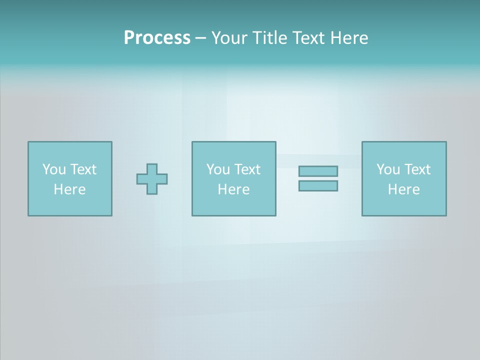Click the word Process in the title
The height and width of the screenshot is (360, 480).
pyautogui.click(x=157, y=38)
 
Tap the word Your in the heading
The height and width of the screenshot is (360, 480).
pyautogui.click(x=229, y=38)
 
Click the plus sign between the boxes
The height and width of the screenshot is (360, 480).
pyautogui.click(x=152, y=179)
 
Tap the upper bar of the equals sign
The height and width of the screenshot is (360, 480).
pyautogui.click(x=318, y=171)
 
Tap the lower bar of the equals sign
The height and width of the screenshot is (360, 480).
pyautogui.click(x=318, y=185)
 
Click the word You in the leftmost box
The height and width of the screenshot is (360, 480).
pyautogui.click(x=54, y=169)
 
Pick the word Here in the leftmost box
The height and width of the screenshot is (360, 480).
pyautogui.click(x=69, y=189)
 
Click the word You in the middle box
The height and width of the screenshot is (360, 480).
pyautogui.click(x=218, y=169)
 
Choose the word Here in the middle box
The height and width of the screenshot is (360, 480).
pyautogui.click(x=233, y=189)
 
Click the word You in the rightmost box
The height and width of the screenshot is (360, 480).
pyautogui.click(x=388, y=169)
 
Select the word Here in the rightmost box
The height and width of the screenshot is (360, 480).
pyautogui.click(x=403, y=189)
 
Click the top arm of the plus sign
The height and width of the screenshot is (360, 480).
pyautogui.click(x=152, y=169)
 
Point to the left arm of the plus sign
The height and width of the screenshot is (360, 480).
pyautogui.click(x=141, y=179)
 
